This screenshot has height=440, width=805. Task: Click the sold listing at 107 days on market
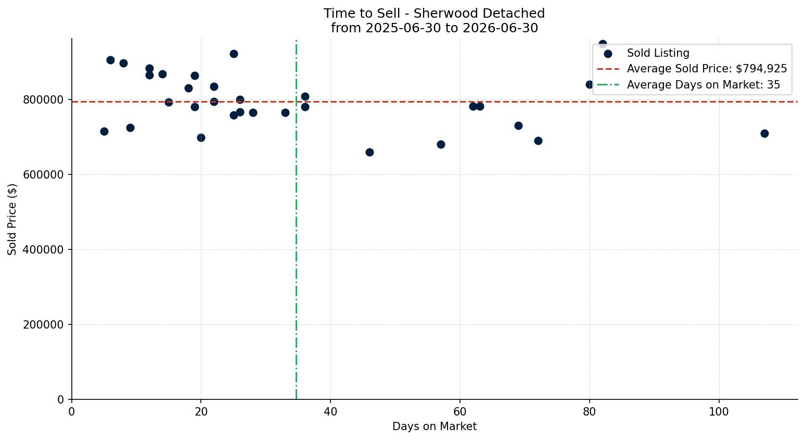coord(764,133)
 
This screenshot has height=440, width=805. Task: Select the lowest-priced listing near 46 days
coord(369,152)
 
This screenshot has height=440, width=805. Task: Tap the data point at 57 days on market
coord(441,144)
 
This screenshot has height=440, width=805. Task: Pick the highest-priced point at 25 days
coord(234,54)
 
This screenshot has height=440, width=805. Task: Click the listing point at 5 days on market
coord(104,131)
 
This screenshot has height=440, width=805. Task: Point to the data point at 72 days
coord(538,141)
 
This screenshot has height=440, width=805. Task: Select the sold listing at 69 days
coord(518,125)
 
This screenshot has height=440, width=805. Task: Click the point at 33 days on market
coord(285,112)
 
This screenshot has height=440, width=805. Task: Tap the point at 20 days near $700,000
coord(201,137)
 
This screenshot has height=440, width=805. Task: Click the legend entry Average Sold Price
coord(707,69)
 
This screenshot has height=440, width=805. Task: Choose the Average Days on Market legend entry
coord(704,84)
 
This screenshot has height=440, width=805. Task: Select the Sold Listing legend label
coord(658,53)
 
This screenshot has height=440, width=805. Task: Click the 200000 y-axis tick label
coord(44,324)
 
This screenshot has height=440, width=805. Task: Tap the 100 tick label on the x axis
coord(719,412)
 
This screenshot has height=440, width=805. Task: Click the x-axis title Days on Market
coord(435,426)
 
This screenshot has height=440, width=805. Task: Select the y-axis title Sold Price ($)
coord(12,219)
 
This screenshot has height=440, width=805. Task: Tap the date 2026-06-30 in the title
coord(500,28)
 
